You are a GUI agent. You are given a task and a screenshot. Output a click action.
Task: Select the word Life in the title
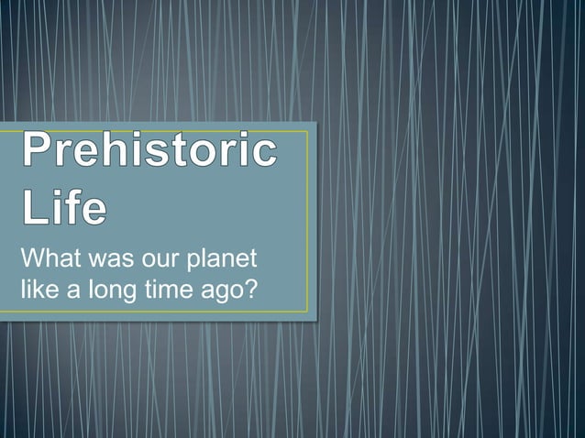pyautogui.click(x=63, y=206)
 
